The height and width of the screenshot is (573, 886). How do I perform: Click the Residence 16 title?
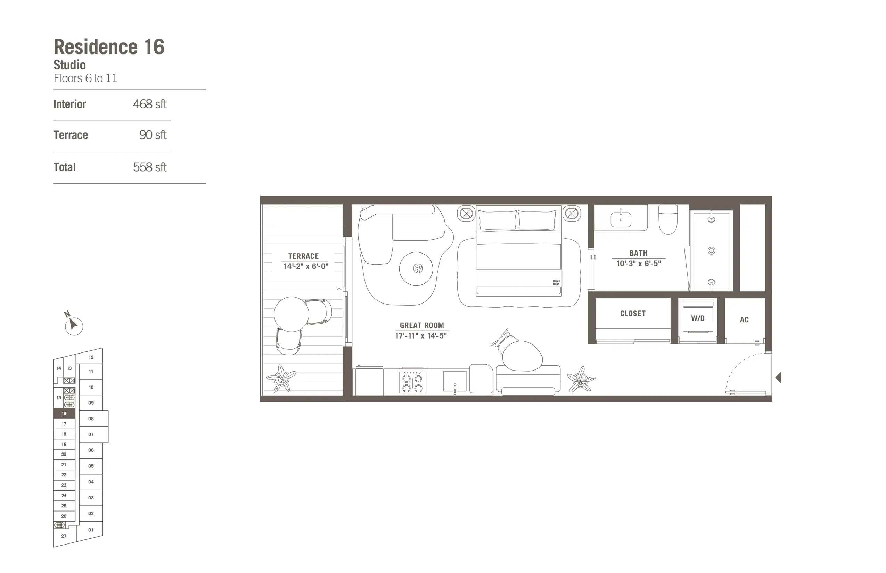(109, 47)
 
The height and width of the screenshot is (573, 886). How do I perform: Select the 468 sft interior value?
(150, 104)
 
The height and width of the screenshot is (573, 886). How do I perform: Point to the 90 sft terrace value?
(153, 135)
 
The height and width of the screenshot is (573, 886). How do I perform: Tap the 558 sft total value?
(150, 167)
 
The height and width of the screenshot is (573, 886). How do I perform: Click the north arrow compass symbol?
(73, 326)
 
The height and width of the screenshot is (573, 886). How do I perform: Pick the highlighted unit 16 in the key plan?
(64, 413)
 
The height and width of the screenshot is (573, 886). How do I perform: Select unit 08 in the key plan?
(91, 418)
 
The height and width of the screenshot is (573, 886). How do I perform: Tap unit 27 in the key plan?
(64, 536)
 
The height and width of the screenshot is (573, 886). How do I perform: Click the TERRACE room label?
(303, 256)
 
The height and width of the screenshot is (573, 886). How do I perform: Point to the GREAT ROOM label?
(422, 325)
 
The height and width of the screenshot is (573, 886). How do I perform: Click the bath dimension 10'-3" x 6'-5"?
(639, 264)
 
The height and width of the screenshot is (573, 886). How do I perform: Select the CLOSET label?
(633, 314)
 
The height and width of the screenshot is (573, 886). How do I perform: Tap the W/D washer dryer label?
(698, 318)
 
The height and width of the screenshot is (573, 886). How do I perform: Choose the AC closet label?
(744, 319)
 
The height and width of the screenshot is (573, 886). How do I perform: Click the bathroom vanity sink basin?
(621, 219)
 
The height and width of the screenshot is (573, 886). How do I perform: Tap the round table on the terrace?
(291, 314)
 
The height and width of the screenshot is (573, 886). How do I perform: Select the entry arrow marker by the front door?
(778, 378)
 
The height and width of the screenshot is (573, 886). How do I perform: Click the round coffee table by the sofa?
(416, 269)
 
